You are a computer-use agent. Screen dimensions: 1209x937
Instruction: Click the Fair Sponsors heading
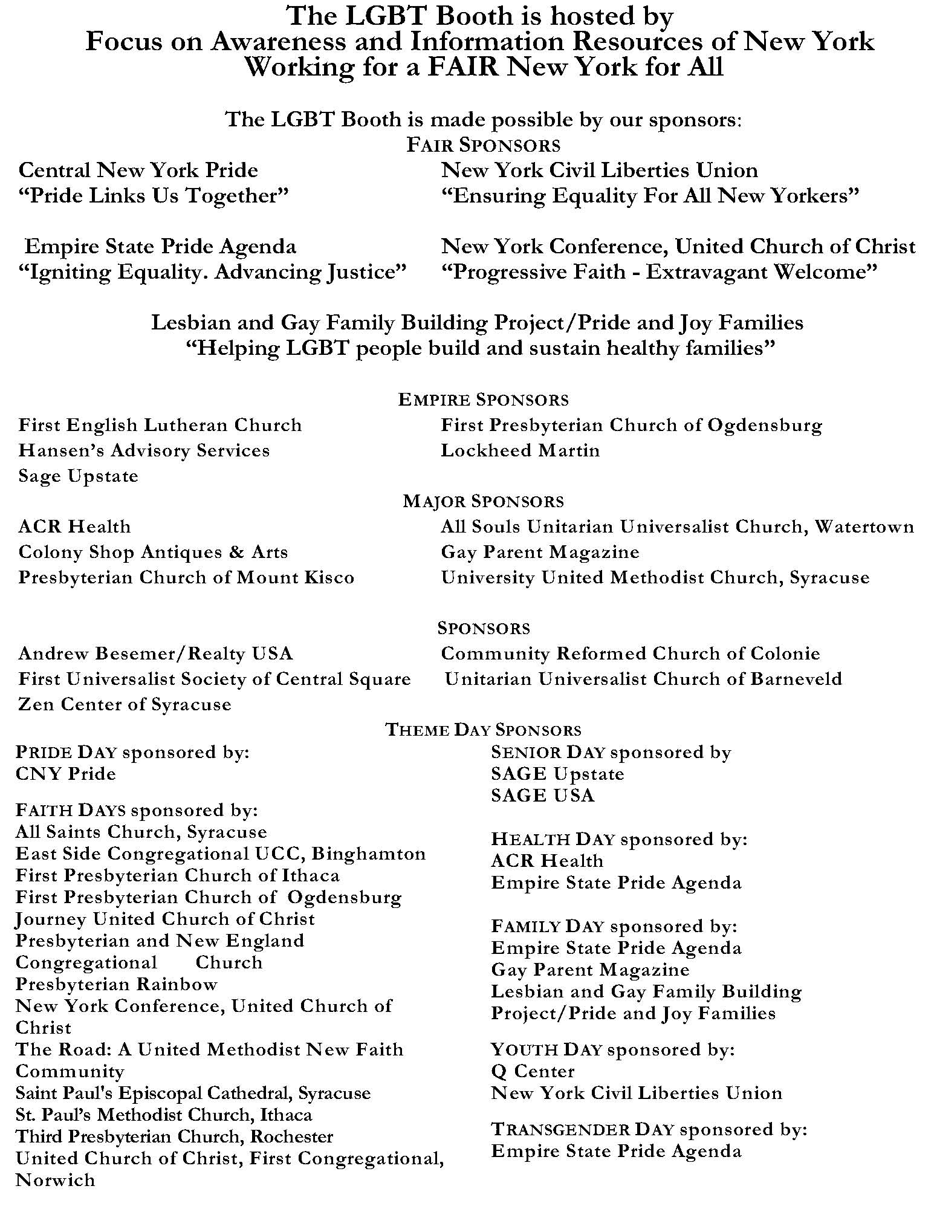tap(483, 145)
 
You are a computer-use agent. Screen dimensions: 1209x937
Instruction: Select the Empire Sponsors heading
tap(483, 400)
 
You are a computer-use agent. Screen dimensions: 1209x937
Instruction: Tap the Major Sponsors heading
tap(483, 501)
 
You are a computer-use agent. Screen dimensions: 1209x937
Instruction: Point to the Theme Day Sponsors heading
tap(483, 730)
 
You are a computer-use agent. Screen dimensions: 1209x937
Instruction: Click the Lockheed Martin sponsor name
tap(520, 450)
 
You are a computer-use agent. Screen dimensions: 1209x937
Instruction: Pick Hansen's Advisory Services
tap(144, 450)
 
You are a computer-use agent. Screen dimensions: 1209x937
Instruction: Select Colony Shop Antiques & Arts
tap(153, 552)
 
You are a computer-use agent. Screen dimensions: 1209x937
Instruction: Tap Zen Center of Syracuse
tap(125, 704)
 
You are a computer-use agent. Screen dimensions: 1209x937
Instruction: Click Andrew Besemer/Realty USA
tap(155, 653)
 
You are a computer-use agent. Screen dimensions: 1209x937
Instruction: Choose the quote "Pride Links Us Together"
tap(154, 196)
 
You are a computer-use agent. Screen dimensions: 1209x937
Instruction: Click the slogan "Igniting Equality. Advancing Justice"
tap(212, 272)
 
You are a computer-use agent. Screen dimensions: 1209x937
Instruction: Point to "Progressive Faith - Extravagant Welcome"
tap(659, 272)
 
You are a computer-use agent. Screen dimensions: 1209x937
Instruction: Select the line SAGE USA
tap(542, 796)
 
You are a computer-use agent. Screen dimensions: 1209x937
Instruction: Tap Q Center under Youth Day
tap(533, 1071)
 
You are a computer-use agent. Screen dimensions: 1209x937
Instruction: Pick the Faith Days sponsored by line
tap(137, 810)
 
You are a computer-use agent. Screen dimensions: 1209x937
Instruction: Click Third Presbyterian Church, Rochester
tap(174, 1136)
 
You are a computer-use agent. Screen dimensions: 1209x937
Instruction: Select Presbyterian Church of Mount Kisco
tap(186, 577)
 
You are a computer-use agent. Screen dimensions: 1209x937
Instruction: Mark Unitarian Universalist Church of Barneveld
tap(643, 679)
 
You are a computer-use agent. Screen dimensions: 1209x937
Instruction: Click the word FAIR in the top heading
tap(463, 66)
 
